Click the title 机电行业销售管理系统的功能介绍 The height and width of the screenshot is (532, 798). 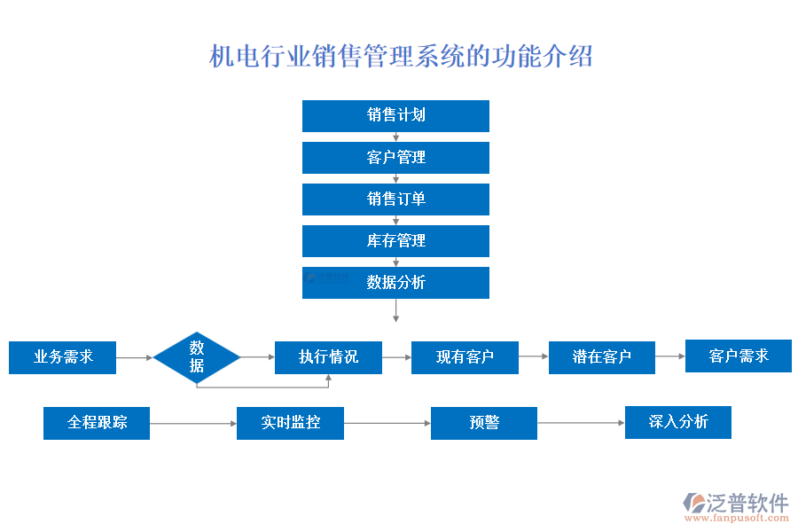click(x=401, y=57)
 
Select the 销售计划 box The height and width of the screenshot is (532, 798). click(x=395, y=115)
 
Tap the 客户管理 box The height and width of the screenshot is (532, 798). click(x=395, y=158)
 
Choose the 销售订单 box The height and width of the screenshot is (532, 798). click(x=395, y=199)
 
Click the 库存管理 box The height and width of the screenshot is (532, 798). click(x=395, y=241)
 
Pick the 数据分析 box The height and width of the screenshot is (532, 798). click(x=395, y=283)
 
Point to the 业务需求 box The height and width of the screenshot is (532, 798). click(x=63, y=357)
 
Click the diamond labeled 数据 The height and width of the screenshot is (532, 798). click(x=197, y=357)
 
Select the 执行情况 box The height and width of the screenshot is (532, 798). click(x=328, y=357)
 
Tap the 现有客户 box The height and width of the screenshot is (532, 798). click(x=465, y=357)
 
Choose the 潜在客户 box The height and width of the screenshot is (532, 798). click(x=602, y=357)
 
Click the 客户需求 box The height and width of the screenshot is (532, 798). click(x=738, y=356)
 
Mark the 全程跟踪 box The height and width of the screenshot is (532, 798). click(x=97, y=423)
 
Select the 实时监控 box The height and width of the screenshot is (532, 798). click(x=290, y=423)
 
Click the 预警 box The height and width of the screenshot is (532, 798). click(x=484, y=423)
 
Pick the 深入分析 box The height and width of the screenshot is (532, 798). click(x=678, y=422)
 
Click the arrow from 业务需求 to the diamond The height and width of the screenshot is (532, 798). click(x=135, y=357)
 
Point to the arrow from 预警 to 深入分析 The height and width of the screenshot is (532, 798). click(x=581, y=423)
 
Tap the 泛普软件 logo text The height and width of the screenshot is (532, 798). click(x=747, y=503)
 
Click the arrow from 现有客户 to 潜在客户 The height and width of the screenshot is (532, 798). click(x=533, y=356)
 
